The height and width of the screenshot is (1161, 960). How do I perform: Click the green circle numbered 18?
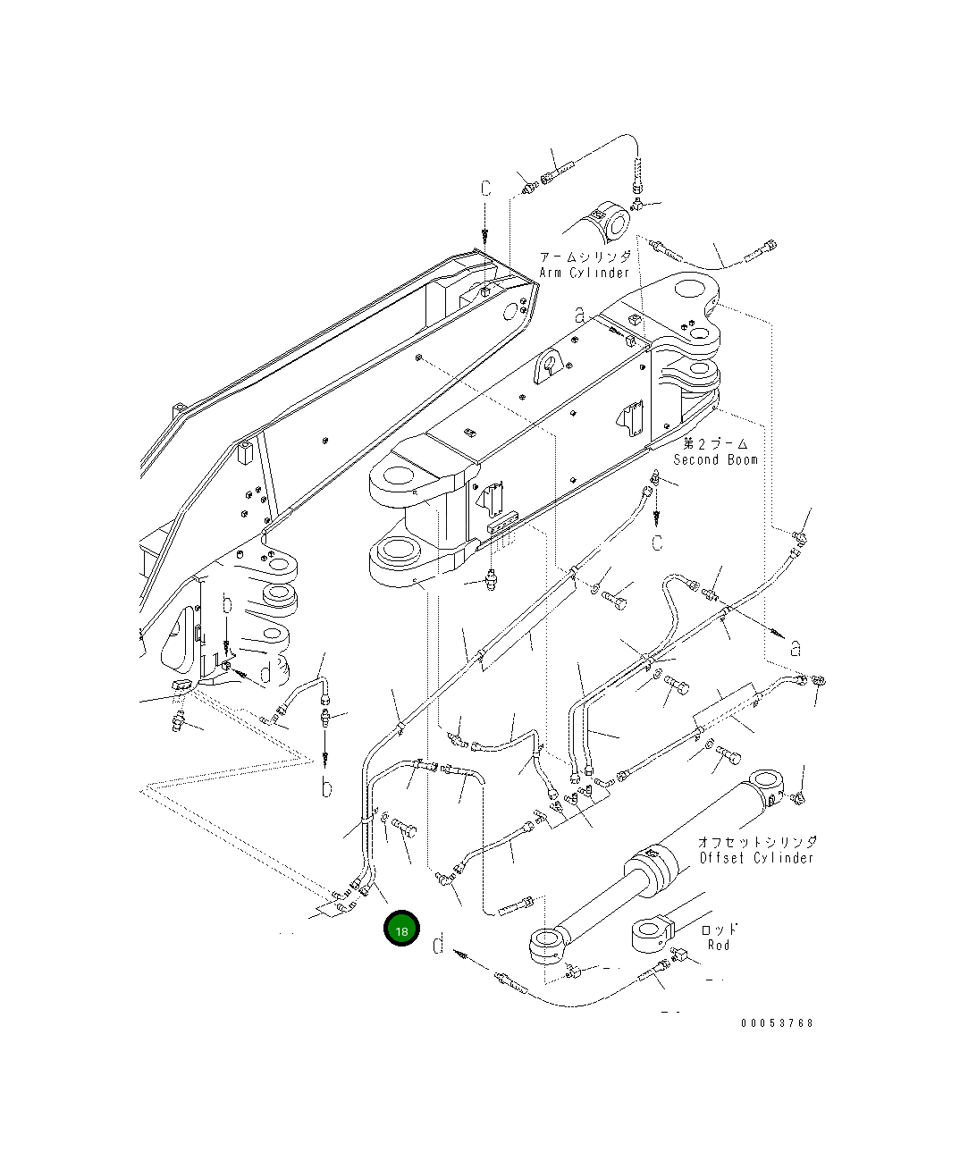tap(401, 928)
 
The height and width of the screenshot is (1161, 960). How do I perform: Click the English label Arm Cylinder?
tap(584, 273)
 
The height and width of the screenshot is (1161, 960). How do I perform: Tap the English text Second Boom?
tap(715, 459)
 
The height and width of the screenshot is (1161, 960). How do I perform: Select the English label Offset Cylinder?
tap(756, 857)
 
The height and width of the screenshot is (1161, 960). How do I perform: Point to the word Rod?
tap(719, 945)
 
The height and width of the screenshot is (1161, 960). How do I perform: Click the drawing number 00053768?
tap(777, 1023)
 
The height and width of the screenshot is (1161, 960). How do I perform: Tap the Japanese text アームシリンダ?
tap(585, 257)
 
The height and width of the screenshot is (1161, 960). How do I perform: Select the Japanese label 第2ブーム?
tap(716, 443)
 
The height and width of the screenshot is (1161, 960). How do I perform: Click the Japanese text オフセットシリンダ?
tap(758, 841)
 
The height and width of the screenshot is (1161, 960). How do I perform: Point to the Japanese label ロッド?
tap(719, 930)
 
